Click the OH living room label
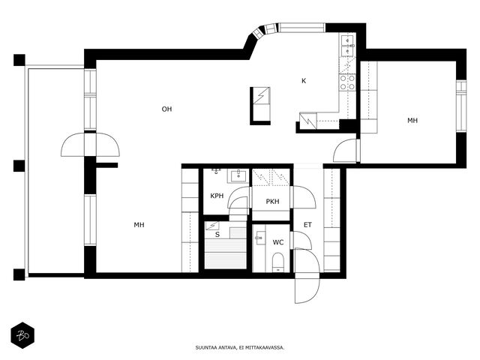click(x=166, y=109)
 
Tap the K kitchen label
click(x=304, y=81)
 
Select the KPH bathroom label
click(x=217, y=196)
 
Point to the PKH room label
click(x=272, y=202)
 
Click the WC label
click(x=278, y=242)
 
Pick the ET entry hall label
click(x=307, y=225)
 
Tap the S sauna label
click(x=217, y=235)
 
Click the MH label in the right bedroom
click(x=412, y=121)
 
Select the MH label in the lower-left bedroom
click(x=139, y=225)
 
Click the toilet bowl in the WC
click(x=278, y=262)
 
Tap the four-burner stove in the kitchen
click(x=347, y=82)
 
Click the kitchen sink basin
click(x=347, y=45)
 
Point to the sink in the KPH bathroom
click(x=238, y=176)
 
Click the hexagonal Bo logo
click(x=22, y=335)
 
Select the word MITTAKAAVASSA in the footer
click(x=267, y=348)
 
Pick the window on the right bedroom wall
click(x=461, y=106)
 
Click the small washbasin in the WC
click(x=259, y=238)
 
